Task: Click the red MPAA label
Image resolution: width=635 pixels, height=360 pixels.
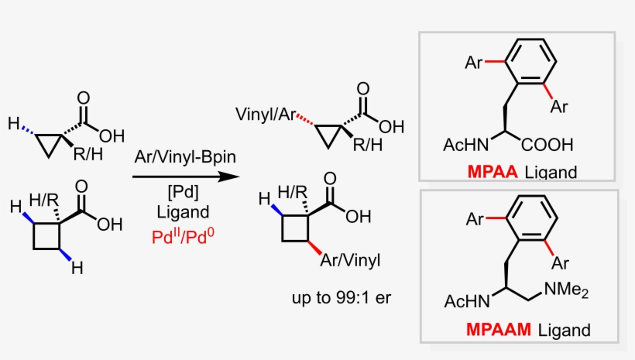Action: (492, 172)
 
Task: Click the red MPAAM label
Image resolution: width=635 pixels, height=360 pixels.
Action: (498, 329)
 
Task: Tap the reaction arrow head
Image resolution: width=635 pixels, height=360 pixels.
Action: (228, 177)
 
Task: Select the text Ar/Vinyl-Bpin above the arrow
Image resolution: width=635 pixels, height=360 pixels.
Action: (185, 156)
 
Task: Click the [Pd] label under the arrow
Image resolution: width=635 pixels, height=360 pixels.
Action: (183, 191)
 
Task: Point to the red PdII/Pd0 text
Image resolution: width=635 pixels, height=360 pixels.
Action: (183, 236)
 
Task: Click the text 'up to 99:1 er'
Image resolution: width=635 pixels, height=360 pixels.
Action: (342, 297)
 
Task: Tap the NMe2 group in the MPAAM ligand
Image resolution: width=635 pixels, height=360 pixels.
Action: (566, 290)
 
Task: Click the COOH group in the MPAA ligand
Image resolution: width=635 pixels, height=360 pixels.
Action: (547, 145)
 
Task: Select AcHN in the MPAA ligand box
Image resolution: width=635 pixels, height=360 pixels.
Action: (466, 145)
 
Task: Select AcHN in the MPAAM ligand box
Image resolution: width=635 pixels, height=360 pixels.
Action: (467, 301)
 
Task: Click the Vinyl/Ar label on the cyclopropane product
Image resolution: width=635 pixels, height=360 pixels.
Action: (266, 115)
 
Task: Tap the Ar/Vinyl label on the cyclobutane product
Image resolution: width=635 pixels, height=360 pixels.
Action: (350, 260)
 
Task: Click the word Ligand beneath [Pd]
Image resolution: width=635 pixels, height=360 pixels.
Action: (183, 212)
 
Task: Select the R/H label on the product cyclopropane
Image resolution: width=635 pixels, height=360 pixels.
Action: (368, 145)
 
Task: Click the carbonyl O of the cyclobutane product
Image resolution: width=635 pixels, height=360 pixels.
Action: (330, 178)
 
